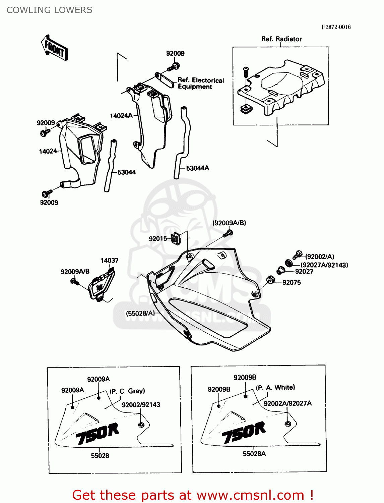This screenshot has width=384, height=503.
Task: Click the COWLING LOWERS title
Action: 49,10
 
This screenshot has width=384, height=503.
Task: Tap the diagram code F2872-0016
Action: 336,27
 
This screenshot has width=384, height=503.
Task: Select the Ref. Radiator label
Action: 281,39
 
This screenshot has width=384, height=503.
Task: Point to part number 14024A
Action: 121,116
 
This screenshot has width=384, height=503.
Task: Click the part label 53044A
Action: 197,168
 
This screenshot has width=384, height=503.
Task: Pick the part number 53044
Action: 126,172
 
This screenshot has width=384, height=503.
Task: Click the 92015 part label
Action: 157,238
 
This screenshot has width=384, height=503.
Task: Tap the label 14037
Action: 109,260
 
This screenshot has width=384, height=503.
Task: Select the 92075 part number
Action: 292,282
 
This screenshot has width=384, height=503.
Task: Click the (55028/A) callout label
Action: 140,313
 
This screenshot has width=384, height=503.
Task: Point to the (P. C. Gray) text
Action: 127,391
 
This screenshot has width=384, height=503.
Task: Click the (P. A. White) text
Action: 275,388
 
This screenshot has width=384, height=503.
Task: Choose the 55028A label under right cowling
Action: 254,454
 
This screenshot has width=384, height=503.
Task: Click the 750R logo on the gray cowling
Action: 97,434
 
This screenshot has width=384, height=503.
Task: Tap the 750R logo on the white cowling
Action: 244,432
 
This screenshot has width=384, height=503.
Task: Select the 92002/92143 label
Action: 141,405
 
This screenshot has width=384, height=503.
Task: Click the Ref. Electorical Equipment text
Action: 200,83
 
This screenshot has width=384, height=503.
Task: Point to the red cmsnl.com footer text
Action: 193,495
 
